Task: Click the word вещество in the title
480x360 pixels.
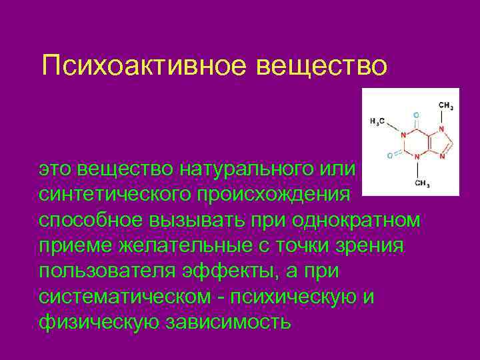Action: (x=329, y=66)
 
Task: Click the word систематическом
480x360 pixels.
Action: (x=127, y=297)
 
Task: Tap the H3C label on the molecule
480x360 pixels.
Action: (x=377, y=122)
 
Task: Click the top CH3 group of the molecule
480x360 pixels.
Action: (x=446, y=105)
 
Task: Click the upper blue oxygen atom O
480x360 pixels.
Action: (x=417, y=113)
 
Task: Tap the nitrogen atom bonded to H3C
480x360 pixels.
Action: (x=404, y=136)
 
